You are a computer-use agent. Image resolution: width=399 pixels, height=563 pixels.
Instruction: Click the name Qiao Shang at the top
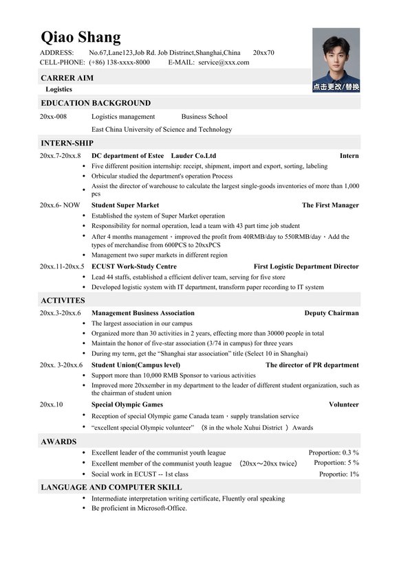[80, 36]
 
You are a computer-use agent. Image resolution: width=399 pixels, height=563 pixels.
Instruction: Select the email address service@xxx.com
[224, 62]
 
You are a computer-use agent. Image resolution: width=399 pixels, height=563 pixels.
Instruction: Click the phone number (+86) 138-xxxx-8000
[119, 62]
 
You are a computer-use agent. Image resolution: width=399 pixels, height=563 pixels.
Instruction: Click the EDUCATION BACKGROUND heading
[96, 103]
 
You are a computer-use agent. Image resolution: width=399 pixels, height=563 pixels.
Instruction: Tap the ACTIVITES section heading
[63, 300]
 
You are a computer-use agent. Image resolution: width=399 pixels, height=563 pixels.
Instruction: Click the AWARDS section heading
[58, 441]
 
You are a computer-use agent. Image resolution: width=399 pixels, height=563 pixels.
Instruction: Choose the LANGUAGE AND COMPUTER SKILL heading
[111, 487]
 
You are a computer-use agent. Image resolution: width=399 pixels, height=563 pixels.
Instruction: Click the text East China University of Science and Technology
[161, 129]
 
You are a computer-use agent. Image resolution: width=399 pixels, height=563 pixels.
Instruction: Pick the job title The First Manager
[330, 205]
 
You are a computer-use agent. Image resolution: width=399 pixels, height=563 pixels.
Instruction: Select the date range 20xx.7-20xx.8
[61, 156]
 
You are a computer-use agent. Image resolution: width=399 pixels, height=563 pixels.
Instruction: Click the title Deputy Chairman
[331, 313]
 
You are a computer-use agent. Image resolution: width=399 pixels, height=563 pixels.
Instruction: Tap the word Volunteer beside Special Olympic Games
[343, 405]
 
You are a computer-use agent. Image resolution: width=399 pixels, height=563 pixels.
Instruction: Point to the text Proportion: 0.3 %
[333, 453]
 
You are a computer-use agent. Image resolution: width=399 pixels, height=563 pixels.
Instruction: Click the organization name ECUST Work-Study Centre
[133, 266]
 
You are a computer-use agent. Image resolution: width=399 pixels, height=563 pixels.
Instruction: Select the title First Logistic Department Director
[306, 266]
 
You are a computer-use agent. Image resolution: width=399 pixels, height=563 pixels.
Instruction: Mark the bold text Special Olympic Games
[127, 405]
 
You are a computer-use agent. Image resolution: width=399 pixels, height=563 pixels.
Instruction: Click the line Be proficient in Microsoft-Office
[139, 509]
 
